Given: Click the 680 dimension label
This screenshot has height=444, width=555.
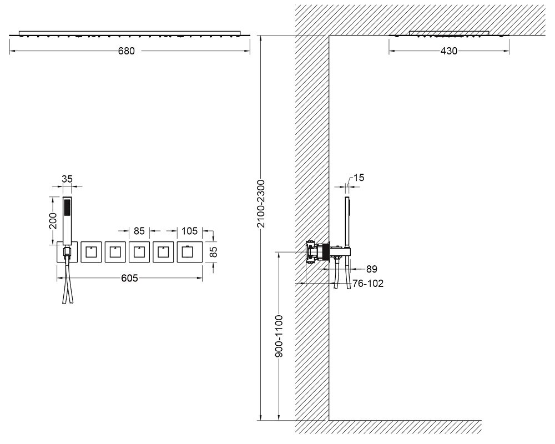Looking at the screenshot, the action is coord(127,51).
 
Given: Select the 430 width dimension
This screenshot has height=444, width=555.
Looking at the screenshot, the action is coord(449,51).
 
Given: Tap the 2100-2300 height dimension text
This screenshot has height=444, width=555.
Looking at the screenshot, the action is coord(261,204).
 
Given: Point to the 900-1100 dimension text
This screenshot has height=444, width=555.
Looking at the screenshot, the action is coord(279,336).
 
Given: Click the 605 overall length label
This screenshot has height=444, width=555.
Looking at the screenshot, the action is coord(129,278).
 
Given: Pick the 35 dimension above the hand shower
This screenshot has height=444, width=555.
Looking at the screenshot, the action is coord(67,179).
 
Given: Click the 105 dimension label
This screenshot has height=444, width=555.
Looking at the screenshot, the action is coord(189,231).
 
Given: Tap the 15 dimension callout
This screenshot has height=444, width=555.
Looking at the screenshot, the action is coord(359,178).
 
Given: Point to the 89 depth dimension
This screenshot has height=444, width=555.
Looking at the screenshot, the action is coord(372,269).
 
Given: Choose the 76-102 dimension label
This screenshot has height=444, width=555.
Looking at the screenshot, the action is coord(368,283).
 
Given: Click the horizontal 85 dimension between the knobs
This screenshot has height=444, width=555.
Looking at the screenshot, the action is coord(139,231).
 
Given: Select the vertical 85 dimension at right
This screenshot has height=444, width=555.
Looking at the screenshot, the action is coord(214,252).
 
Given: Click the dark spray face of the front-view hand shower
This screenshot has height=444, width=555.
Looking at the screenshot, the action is coord(67,208).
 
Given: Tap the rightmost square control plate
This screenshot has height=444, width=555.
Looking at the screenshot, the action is coord(190,252).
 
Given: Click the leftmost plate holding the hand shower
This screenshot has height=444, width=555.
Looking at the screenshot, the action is coord(67,252).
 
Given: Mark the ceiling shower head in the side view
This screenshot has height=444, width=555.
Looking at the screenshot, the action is coord(449,34).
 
